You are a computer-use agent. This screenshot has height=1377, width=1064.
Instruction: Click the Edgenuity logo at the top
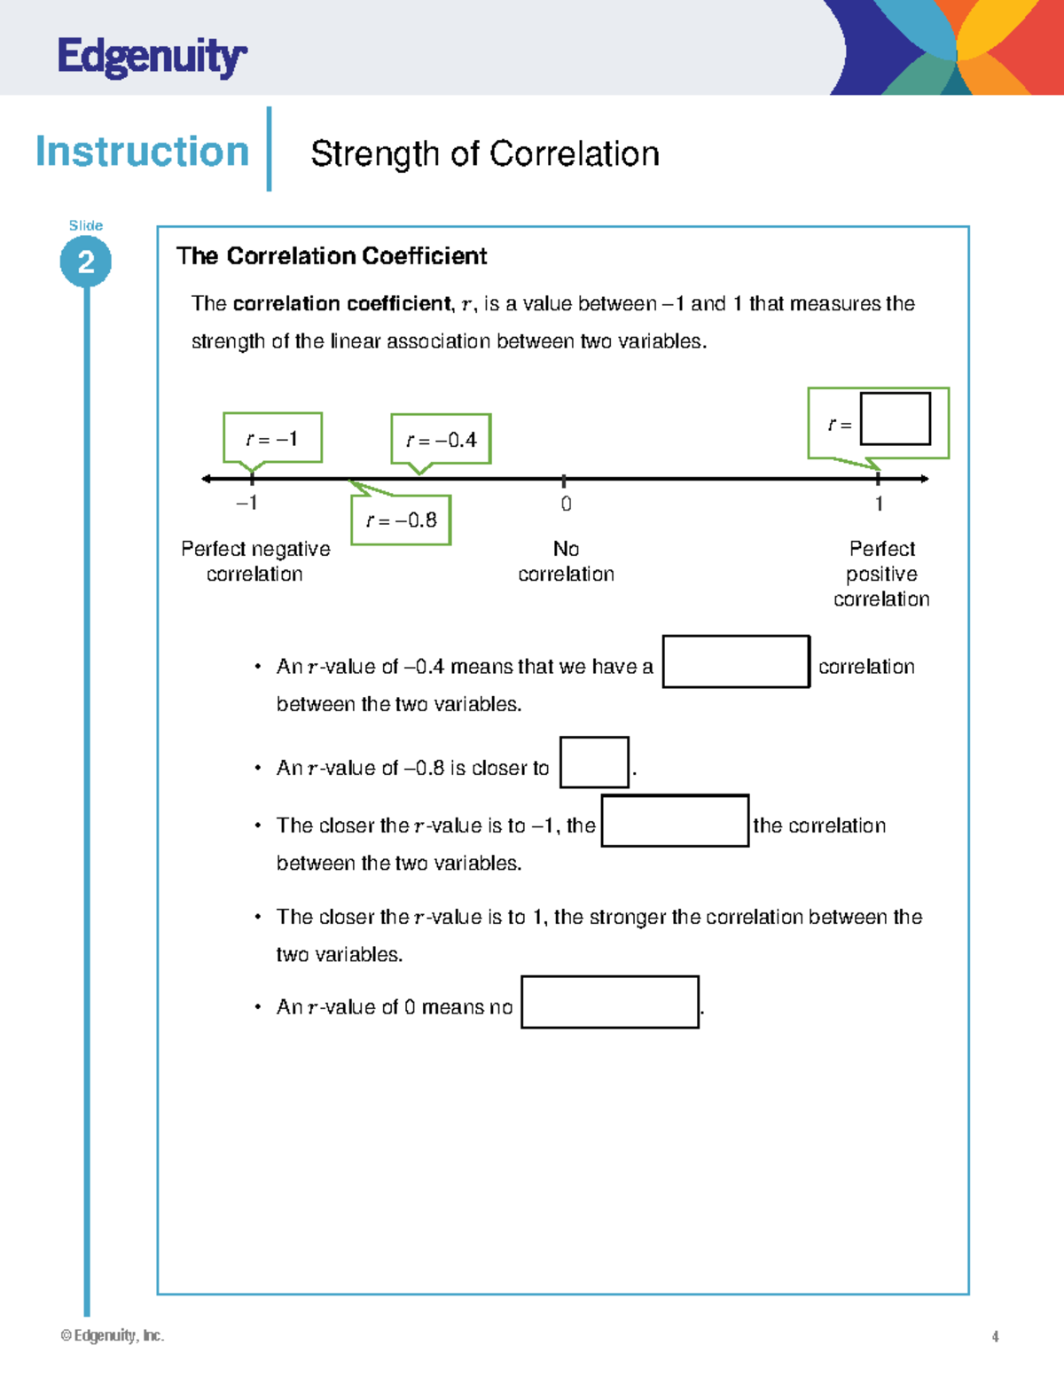[x=152, y=58]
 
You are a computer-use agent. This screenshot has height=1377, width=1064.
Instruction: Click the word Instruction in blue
[x=142, y=152]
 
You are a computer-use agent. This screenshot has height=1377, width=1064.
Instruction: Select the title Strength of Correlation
[x=484, y=153]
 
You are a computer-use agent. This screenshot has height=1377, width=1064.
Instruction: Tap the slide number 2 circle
[x=86, y=262]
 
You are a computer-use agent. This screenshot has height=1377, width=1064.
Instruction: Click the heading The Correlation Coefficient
[x=331, y=256]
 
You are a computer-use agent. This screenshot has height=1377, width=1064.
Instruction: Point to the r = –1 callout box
[x=272, y=438]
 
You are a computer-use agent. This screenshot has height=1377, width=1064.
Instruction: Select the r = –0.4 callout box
[x=441, y=440]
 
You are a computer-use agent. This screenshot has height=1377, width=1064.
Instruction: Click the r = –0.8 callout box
[x=401, y=520]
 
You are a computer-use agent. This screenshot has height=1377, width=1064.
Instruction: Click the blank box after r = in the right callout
[x=895, y=419]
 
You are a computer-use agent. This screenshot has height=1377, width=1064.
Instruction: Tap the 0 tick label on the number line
[x=566, y=504]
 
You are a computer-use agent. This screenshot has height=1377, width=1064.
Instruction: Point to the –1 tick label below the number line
[x=246, y=503]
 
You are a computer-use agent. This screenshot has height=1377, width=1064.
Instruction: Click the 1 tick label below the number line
[x=879, y=504]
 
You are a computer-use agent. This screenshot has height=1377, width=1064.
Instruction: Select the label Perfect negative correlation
[x=255, y=561]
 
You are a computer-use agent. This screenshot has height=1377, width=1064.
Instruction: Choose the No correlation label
[x=566, y=561]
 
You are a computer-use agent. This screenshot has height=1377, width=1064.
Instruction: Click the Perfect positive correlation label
[x=881, y=574]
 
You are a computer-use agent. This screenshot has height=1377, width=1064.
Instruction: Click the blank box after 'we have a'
[x=736, y=661]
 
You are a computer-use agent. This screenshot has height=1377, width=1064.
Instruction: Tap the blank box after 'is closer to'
[x=594, y=763]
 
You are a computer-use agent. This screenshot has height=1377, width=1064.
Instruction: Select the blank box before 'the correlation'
[x=675, y=821]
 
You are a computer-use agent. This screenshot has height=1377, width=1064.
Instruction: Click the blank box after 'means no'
[x=610, y=1002]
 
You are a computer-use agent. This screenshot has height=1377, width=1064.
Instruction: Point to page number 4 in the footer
[x=995, y=1336]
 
